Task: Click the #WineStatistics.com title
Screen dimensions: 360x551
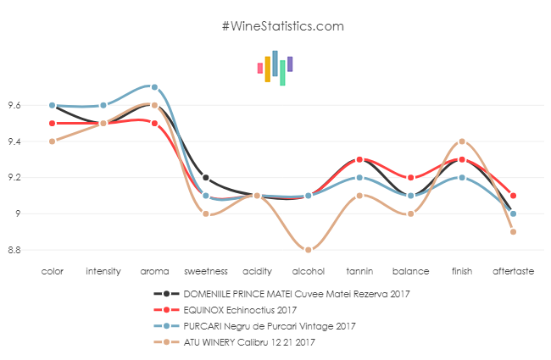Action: click(x=282, y=25)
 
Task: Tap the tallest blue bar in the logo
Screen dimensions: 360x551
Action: click(x=275, y=63)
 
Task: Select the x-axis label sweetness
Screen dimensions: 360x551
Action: click(x=206, y=272)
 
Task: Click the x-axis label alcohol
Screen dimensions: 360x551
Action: click(x=308, y=272)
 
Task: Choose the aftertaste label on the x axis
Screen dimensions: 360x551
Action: click(x=513, y=272)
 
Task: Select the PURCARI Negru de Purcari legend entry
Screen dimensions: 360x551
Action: click(x=257, y=325)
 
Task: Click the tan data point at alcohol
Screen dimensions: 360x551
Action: click(x=309, y=250)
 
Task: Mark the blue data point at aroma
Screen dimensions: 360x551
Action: click(x=154, y=87)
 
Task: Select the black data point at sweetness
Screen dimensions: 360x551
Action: click(x=206, y=178)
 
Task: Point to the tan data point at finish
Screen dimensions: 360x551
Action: click(x=462, y=141)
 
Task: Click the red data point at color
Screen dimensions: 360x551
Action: click(x=52, y=123)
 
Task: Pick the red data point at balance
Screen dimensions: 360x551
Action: click(x=411, y=178)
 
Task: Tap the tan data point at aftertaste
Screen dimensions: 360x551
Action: click(x=514, y=232)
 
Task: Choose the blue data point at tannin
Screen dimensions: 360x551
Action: click(x=359, y=178)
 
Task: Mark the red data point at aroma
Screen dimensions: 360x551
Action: click(x=154, y=123)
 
